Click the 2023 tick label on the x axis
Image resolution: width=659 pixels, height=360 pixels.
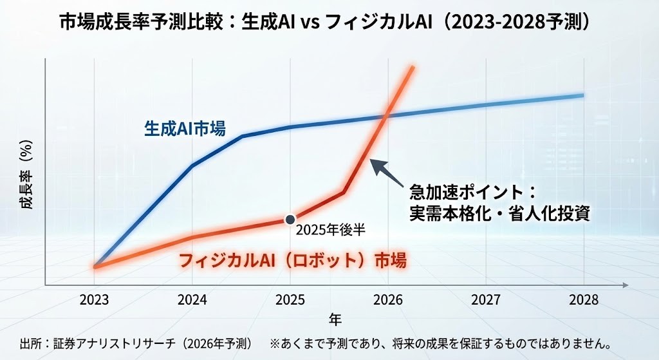pos(94,300)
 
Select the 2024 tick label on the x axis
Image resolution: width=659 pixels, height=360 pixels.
pos(192,300)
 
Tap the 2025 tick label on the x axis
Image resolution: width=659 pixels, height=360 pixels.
pos(290,300)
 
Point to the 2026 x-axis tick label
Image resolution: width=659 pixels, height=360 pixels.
pos(387,300)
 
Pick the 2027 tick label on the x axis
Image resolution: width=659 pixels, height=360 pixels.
pos(486,300)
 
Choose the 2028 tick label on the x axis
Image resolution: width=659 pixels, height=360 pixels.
pos(584,300)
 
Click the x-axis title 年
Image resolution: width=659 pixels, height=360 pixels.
pos(335,319)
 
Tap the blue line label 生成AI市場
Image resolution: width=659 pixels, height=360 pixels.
pos(185,129)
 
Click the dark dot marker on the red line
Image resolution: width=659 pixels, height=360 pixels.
pos(290,220)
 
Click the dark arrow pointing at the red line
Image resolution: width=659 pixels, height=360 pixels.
pos(387,171)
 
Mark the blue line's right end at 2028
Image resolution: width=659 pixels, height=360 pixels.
pos(583,95)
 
